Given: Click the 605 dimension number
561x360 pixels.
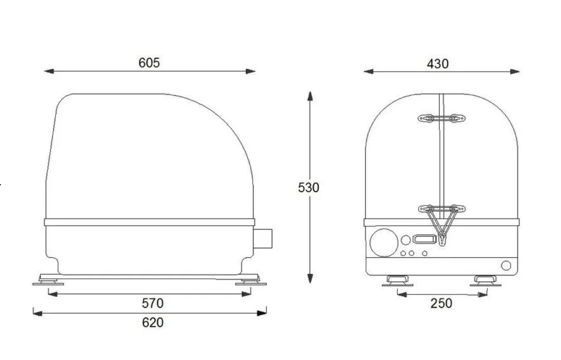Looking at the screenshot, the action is pyautogui.click(x=149, y=62).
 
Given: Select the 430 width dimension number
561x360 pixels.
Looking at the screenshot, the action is pyautogui.click(x=437, y=64).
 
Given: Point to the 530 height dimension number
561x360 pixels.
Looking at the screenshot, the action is pyautogui.click(x=309, y=188).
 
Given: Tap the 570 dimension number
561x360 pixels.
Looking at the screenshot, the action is pyautogui.click(x=153, y=303).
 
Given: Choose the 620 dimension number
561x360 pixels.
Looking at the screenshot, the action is pyautogui.click(x=153, y=322).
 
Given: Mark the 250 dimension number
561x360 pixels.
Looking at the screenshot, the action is pyautogui.click(x=441, y=304).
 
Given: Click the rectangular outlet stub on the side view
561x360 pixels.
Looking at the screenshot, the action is pyautogui.click(x=263, y=239).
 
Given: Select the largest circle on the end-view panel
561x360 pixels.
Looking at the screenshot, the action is pyautogui.click(x=384, y=242).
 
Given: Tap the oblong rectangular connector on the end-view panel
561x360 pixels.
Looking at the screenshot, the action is pyautogui.click(x=425, y=239).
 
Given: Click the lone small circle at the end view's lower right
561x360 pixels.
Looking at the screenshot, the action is pyautogui.click(x=506, y=266).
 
